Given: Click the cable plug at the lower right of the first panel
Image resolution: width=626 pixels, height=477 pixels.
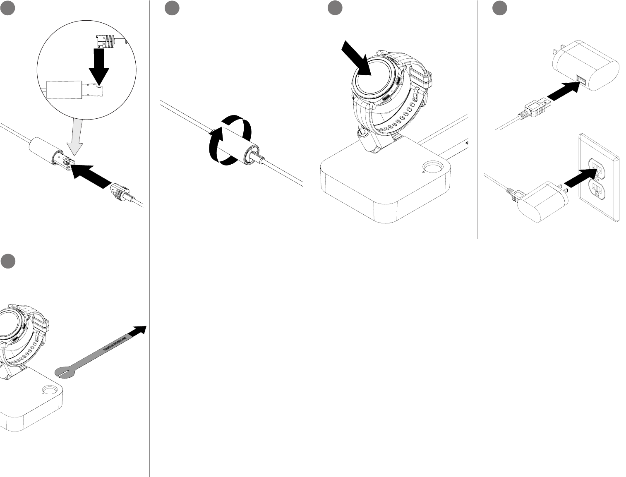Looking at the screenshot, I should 121,192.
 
